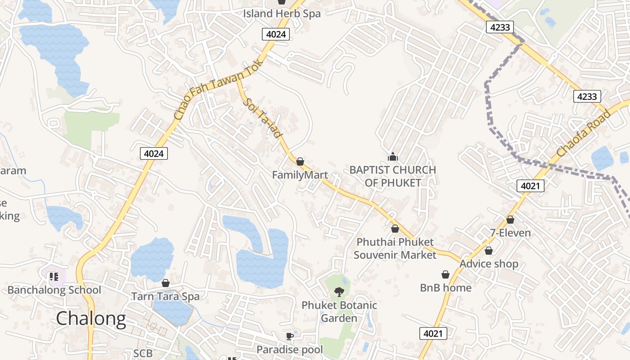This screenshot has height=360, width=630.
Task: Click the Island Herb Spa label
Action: coord(282,13)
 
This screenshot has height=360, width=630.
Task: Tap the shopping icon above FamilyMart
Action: coord(300,162)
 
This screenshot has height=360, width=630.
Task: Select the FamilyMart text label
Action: coord(300,175)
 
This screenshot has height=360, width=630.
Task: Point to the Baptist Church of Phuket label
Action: coord(393,176)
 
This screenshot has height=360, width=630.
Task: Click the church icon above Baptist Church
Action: coord(393,157)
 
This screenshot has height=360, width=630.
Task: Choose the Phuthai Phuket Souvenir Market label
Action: coord(395,248)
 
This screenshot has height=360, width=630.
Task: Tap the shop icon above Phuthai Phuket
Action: coord(395,229)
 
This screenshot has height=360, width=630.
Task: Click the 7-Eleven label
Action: coord(510,233)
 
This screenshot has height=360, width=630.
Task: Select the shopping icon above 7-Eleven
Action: coord(510,220)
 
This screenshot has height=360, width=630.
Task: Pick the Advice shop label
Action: coord(489,264)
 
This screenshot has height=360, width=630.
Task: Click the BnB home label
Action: coord(445,288)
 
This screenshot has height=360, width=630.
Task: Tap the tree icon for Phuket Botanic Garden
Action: coord(339,292)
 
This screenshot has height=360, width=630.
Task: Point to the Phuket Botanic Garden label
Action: coord(339,311)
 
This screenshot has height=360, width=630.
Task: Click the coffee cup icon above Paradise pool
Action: coord(290,336)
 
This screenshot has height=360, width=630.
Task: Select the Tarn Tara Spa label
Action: coord(165,297)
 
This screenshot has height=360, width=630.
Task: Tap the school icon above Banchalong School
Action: coord(54,276)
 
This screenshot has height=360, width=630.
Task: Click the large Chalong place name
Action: coord(91,319)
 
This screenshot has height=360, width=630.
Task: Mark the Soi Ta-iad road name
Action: coord(263,118)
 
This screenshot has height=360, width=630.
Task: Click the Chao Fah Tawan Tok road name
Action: coord(214,94)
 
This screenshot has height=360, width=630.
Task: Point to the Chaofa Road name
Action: coord(584,133)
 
